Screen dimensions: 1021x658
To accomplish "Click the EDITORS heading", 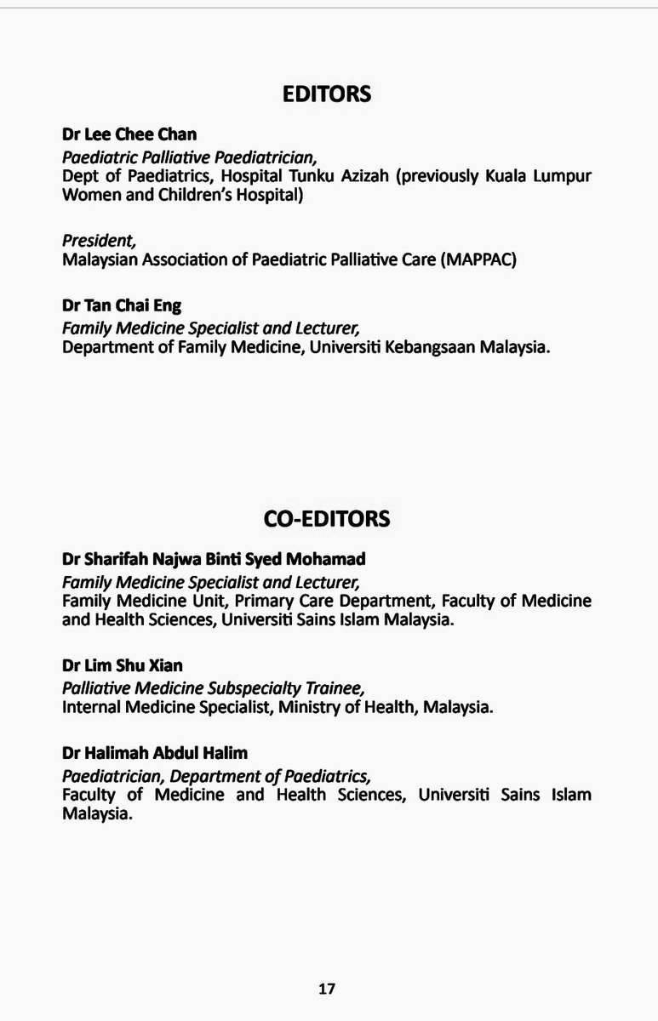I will (x=327, y=94).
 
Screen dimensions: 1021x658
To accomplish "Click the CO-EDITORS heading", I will (x=327, y=517).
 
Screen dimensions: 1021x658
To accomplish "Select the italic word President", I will (x=92, y=242).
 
